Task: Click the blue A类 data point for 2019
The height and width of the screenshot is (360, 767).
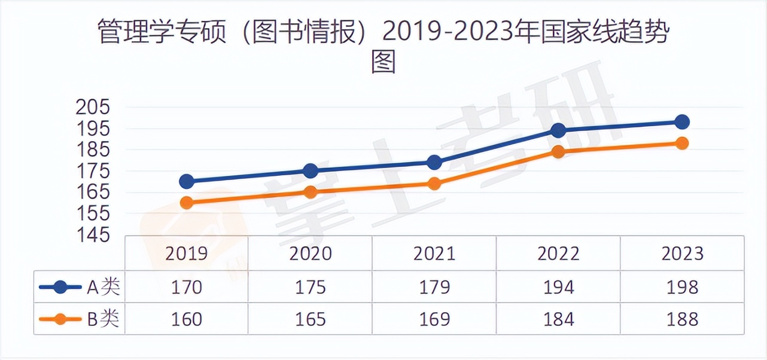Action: pyautogui.click(x=186, y=181)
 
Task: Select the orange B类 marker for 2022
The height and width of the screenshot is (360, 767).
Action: pyautogui.click(x=558, y=151)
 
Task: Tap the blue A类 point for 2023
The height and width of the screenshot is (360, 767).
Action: pyautogui.click(x=681, y=122)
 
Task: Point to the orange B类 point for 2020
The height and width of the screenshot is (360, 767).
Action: pyautogui.click(x=311, y=192)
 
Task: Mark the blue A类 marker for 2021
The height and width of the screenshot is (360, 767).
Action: pyautogui.click(x=434, y=162)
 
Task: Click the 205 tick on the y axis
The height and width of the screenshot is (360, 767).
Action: pyautogui.click(x=93, y=108)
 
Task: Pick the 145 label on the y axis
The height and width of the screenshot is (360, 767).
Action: pyautogui.click(x=93, y=235)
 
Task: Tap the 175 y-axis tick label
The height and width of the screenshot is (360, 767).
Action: pyautogui.click(x=93, y=172)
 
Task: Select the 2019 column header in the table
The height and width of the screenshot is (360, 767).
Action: pyautogui.click(x=186, y=254)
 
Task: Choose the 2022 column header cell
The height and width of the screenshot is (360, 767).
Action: pyautogui.click(x=558, y=254)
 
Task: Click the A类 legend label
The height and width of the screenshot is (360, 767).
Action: pyautogui.click(x=104, y=288)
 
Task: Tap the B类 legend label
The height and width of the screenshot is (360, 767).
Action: pyautogui.click(x=104, y=319)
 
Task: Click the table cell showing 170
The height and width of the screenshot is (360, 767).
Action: pyautogui.click(x=186, y=288)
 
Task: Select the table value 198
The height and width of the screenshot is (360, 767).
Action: pyautogui.click(x=682, y=288)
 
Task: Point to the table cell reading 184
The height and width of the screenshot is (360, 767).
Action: pyautogui.click(x=558, y=319)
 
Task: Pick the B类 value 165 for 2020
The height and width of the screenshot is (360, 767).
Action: pyautogui.click(x=311, y=319)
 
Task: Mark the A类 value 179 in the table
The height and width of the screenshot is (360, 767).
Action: pyautogui.click(x=434, y=288)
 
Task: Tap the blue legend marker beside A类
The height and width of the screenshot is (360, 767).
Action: pyautogui.click(x=60, y=288)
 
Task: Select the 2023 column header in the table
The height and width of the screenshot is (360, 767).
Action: pyautogui.click(x=682, y=254)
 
